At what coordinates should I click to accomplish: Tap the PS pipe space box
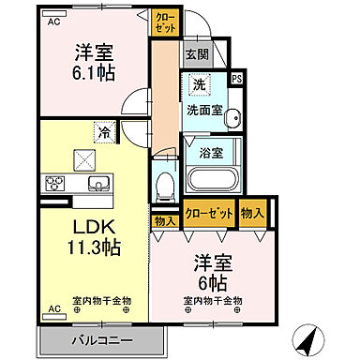point(236,79)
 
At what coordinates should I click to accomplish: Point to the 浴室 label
point(209,152)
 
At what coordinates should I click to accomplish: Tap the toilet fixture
point(166,182)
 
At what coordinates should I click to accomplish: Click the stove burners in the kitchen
point(52,182)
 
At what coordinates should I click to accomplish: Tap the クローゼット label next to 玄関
point(165,22)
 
